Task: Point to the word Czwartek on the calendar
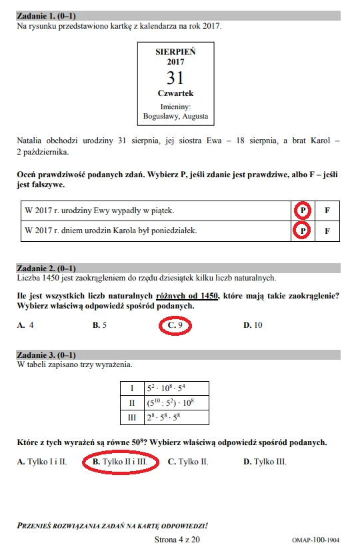click(176, 93)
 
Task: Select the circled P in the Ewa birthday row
click(302, 210)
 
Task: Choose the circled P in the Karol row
click(302, 231)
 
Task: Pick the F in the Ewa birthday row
click(327, 210)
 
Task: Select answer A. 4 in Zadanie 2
click(26, 325)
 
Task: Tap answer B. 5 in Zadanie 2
click(100, 325)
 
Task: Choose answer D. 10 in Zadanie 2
click(253, 325)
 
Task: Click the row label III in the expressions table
click(131, 418)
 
